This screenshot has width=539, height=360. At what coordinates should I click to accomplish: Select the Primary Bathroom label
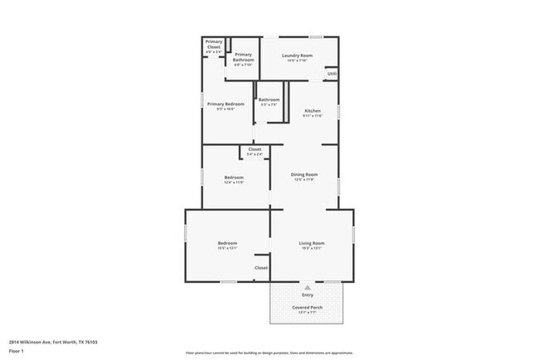[243, 55]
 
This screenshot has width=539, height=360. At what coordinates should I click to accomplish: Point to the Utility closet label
[332, 74]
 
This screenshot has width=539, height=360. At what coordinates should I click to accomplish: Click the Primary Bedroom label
[226, 104]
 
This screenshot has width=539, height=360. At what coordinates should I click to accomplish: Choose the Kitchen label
[313, 110]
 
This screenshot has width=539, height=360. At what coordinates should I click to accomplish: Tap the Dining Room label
[304, 174]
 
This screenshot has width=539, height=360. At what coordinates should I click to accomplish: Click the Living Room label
[311, 243]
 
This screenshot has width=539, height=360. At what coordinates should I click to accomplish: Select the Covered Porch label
[307, 307]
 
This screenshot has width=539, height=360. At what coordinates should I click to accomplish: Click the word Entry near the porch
[308, 294]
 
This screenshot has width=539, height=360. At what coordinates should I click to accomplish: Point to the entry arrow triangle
[308, 286]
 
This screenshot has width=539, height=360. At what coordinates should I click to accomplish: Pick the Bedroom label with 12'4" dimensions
[234, 178]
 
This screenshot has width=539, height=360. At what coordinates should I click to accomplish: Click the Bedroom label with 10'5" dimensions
[227, 243]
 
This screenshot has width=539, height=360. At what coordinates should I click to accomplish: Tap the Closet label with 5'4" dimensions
[255, 149]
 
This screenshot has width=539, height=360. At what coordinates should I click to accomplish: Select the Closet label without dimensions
[261, 268]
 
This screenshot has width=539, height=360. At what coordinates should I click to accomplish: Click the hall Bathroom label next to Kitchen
[269, 100]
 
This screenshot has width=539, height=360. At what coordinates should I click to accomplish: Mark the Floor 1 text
[16, 350]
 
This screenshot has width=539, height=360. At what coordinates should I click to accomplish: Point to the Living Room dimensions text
[311, 248]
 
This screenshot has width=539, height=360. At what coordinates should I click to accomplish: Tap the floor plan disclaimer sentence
[269, 353]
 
